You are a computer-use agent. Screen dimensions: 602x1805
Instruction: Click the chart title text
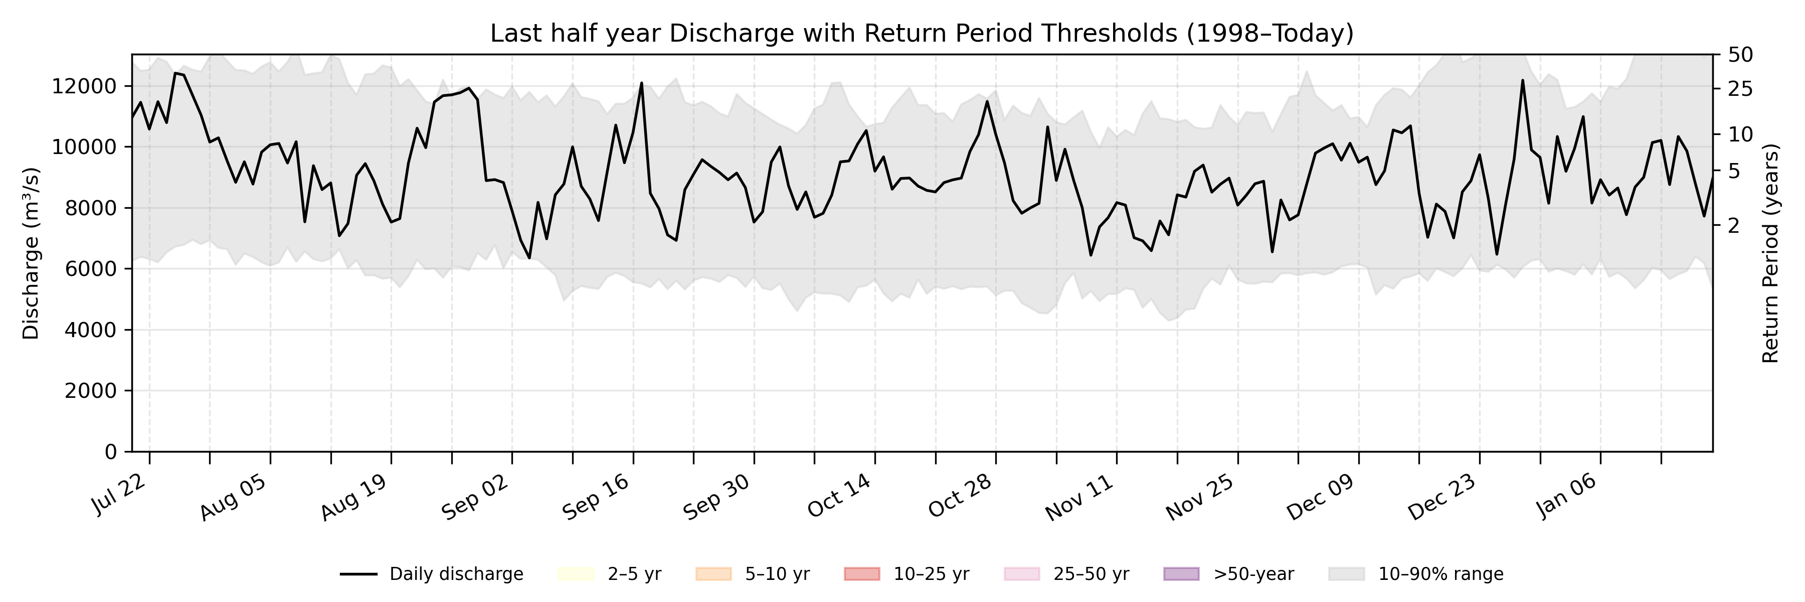[922, 33]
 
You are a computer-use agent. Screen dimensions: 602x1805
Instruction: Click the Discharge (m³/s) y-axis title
[31, 253]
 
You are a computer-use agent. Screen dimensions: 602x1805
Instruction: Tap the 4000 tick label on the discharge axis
[90, 330]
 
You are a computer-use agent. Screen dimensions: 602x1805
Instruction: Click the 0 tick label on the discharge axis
[110, 452]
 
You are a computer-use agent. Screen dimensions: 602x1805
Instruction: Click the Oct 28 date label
[960, 495]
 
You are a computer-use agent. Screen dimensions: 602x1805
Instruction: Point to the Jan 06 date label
[1567, 495]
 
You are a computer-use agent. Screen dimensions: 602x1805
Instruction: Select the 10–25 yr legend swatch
[862, 574]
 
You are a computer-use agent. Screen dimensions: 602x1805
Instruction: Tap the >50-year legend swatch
[1181, 574]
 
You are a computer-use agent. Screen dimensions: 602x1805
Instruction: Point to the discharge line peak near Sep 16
[641, 83]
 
